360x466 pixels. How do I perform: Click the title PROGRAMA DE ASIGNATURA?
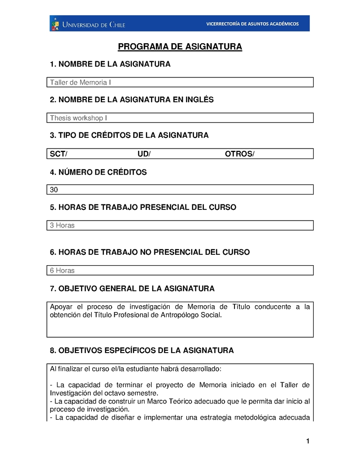180,47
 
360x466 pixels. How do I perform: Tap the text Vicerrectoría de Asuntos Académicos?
252,24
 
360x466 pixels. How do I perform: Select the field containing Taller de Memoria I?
180,82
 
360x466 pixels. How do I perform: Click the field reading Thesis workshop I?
180,118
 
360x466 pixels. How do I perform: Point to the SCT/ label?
58,154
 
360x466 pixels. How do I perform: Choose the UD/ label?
144,154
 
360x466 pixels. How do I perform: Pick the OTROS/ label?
239,154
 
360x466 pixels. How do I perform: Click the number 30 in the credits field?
54,190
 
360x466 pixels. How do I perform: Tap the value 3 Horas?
62,225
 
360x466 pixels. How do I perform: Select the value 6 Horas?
62,271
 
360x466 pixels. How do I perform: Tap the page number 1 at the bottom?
308,441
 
